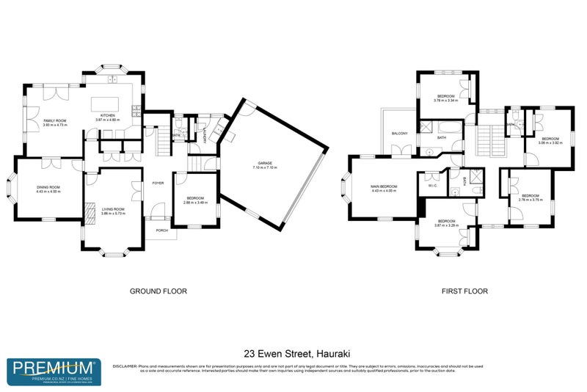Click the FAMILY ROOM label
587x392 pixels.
[54, 120]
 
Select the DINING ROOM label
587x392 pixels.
[48, 187]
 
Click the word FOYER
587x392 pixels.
[158, 183]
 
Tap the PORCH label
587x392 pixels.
[161, 230]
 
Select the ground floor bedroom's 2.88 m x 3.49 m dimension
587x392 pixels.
[194, 202]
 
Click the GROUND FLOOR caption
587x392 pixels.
[158, 291]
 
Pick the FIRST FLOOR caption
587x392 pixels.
[464, 291]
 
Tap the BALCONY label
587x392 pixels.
[399, 133]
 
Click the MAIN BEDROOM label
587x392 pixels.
[383, 187]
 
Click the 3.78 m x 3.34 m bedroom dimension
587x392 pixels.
[446, 101]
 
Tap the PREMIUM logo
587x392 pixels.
[54, 369]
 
